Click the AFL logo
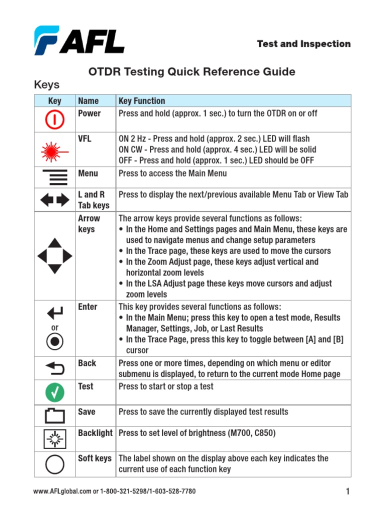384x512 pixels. tap(79, 40)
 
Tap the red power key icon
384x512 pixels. tap(54, 119)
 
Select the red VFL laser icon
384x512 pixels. tap(54, 150)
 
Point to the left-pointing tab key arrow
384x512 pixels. tap(46, 200)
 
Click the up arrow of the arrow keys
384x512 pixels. tap(54, 243)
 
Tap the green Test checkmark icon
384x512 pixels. tap(54, 392)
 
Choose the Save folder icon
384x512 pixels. tap(54, 416)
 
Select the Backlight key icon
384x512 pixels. tap(54, 438)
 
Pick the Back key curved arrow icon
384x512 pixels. tap(54, 368)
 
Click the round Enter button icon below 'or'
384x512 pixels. tap(54, 342)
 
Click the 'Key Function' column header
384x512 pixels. tap(141, 101)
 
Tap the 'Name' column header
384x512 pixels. tap(88, 101)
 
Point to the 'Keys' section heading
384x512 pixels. tap(46, 84)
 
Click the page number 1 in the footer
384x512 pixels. tap(347, 492)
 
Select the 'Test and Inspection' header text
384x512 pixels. tap(303, 44)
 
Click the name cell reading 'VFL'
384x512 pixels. tap(85, 138)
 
